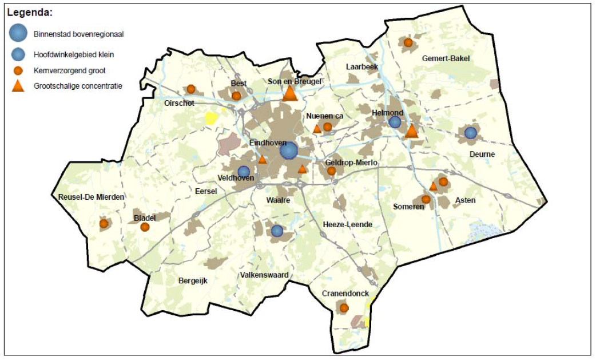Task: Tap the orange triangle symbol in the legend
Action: click(18, 86)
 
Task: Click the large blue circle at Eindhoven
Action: click(288, 151)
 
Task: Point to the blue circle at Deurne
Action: click(470, 133)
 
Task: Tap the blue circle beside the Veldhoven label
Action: click(244, 171)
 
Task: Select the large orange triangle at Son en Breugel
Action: click(290, 93)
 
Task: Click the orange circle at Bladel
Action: click(145, 227)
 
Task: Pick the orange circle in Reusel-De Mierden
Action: click(104, 224)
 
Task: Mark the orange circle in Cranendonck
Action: click(344, 308)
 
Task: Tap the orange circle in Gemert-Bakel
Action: click(408, 42)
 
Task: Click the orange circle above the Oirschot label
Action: click(191, 89)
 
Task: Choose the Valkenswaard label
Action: click(264, 275)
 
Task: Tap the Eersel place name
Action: click(206, 191)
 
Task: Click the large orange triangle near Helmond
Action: click(411, 131)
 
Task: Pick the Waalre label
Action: click(278, 200)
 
